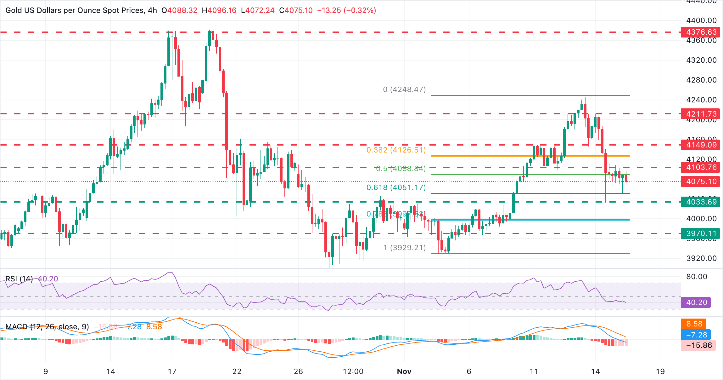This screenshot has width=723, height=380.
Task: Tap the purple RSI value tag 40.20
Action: click(696, 302)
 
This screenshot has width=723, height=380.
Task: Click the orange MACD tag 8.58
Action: click(693, 324)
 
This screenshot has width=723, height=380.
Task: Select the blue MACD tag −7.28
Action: click(696, 335)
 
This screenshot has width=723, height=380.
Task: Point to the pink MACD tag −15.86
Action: click(698, 345)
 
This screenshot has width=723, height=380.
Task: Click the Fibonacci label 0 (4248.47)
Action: click(404, 89)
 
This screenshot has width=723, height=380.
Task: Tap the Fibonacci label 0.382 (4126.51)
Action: click(396, 150)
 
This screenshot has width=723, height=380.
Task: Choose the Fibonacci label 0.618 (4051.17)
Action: click(396, 187)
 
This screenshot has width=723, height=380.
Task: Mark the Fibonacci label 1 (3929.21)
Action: click(404, 248)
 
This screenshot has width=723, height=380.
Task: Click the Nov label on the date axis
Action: click(404, 371)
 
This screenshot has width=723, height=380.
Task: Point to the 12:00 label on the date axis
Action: click(353, 371)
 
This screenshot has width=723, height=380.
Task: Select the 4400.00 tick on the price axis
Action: click(701, 20)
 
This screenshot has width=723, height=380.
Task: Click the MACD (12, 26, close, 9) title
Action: click(47, 327)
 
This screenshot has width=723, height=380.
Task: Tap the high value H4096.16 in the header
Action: click(219, 10)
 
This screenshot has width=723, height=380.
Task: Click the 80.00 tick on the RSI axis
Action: click(697, 277)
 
